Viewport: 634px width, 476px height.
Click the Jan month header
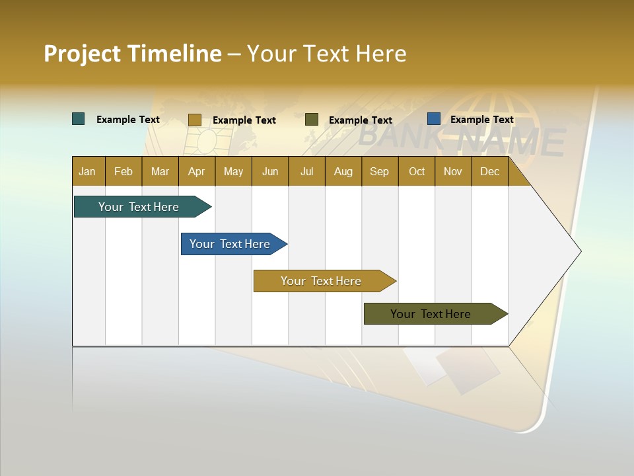click(x=87, y=171)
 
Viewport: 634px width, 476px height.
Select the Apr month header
click(x=196, y=171)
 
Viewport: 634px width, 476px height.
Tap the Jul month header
click(x=306, y=171)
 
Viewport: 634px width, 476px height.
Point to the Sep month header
click(x=379, y=171)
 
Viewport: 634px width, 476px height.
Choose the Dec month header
click(x=489, y=171)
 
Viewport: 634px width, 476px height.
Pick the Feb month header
click(x=123, y=171)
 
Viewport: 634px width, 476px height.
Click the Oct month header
click(x=417, y=171)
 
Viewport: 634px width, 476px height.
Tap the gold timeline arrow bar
click(x=322, y=281)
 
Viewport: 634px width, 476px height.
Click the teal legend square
click(x=79, y=119)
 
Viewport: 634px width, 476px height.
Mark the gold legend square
click(x=194, y=120)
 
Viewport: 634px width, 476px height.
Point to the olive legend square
click(x=312, y=119)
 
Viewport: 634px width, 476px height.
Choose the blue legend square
click(x=434, y=119)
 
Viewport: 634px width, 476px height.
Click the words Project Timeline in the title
click(x=133, y=54)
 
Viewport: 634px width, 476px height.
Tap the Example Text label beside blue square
click(x=481, y=120)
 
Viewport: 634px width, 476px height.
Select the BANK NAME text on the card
click(x=462, y=139)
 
